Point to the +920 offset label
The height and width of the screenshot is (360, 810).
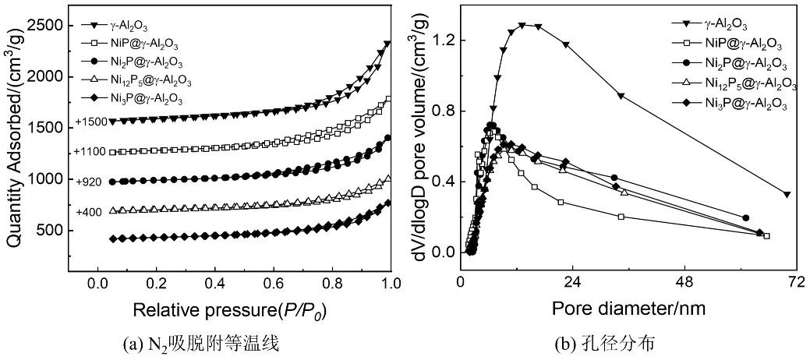coord(88,182)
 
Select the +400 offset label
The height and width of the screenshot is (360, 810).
coord(88,212)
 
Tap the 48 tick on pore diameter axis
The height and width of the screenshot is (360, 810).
coord(684,282)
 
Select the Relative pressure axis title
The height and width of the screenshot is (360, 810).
coord(229,310)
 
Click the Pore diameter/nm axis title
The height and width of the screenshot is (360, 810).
coord(628,309)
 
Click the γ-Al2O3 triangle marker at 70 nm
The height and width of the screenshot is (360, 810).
coord(787,194)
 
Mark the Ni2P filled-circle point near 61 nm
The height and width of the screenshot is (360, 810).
coord(746,218)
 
